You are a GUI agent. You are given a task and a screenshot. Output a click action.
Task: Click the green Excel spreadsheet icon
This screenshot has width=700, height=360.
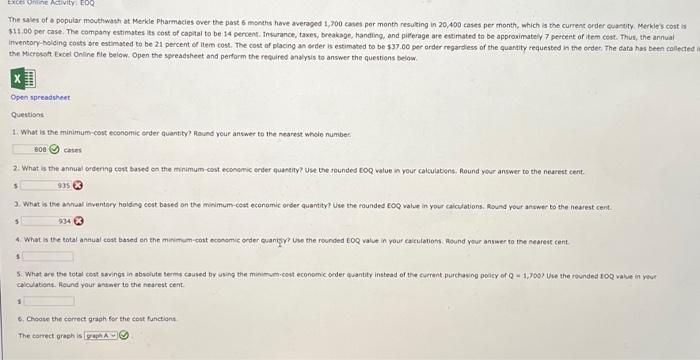[20, 77]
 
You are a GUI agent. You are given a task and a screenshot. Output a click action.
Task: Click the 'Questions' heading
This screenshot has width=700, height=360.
[26, 114]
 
